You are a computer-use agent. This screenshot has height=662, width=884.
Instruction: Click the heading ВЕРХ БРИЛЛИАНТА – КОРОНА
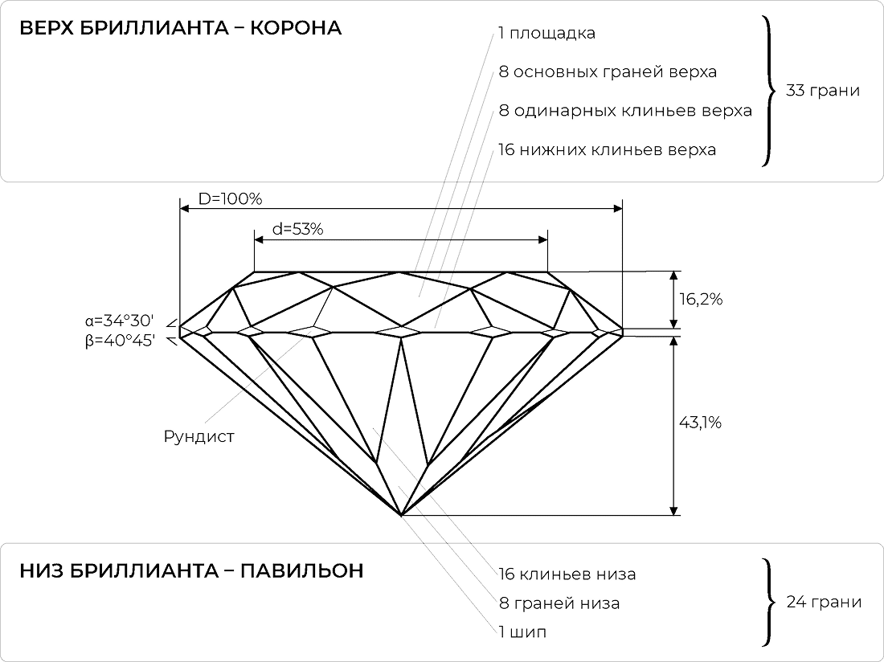click(x=181, y=29)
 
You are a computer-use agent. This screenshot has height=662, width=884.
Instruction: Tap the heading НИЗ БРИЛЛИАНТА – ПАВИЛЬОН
click(x=191, y=570)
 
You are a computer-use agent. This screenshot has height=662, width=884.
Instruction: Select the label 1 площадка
click(x=546, y=35)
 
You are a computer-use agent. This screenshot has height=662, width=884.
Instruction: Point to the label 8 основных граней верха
click(x=607, y=72)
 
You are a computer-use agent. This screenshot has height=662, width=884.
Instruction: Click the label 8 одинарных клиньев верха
click(x=624, y=111)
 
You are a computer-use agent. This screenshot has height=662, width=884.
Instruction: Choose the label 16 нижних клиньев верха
click(x=607, y=150)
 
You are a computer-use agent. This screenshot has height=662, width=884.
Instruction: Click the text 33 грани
click(x=822, y=91)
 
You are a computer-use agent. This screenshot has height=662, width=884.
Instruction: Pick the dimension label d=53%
click(x=297, y=229)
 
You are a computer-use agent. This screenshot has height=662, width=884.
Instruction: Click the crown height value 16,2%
click(x=702, y=300)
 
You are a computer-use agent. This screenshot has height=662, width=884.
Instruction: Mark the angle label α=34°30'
click(x=121, y=322)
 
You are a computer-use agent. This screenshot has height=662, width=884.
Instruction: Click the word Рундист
click(x=199, y=437)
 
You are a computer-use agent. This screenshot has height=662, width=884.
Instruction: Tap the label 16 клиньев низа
click(x=567, y=574)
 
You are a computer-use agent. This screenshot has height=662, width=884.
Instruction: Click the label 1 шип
click(x=522, y=631)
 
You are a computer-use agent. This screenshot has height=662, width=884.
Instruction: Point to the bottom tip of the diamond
click(x=400, y=513)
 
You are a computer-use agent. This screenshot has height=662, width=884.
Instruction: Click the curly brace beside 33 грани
click(x=768, y=91)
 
